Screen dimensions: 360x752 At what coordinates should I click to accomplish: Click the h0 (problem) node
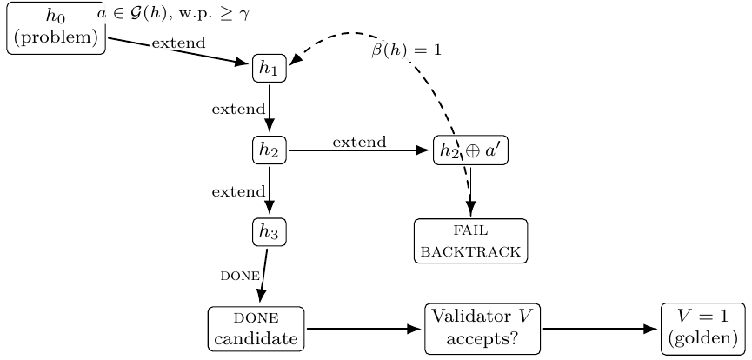pos(56,29)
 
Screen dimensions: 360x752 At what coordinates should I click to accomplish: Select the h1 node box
pos(269,69)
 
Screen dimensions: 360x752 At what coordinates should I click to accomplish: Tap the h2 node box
pos(269,150)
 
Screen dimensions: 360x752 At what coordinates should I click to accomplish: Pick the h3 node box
pos(269,231)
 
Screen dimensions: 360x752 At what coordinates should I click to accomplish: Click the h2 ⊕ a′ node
pos(470,150)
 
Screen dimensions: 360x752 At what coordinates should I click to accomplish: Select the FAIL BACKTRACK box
pos(470,241)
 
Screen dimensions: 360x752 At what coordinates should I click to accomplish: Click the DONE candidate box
pos(256,329)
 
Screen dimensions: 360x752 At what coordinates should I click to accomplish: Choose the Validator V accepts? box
pos(482,329)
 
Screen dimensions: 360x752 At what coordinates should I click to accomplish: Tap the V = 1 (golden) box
pos(704,329)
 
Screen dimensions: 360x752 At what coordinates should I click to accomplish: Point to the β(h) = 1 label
pos(407,50)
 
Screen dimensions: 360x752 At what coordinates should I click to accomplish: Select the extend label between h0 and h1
pos(178,42)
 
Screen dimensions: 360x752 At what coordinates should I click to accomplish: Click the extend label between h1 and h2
pos(237,109)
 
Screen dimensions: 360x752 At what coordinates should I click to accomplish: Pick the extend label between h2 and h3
pos(237,191)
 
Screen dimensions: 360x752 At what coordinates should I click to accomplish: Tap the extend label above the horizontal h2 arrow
pos(359,142)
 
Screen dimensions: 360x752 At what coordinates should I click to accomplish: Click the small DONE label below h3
pos(240,276)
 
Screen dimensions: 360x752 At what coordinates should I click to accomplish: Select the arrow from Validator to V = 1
pos(600,329)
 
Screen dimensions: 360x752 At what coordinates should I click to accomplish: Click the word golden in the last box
pos(704,339)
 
